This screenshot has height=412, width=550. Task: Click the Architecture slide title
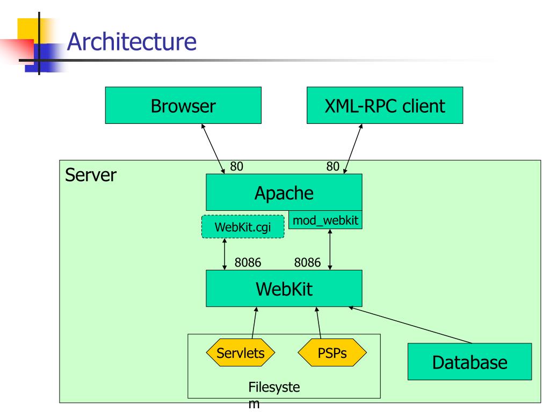point(132,42)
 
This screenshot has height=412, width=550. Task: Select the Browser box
point(183,105)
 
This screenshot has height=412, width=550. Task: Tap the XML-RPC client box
point(385,105)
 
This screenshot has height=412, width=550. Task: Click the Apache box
point(284,193)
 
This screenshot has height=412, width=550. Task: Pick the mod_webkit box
point(325,220)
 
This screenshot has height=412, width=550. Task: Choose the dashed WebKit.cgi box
point(243,227)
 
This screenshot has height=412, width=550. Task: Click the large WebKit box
point(284,288)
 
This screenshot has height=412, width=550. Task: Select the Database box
point(469,362)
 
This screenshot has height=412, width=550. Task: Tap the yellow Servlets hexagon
point(241,352)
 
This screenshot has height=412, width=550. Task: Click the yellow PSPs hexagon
point(332,352)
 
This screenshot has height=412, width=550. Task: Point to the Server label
point(91,175)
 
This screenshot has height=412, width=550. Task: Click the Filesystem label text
point(274,395)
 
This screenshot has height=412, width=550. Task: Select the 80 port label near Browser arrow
point(236,166)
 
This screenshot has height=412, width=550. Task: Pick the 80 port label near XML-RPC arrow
point(333,166)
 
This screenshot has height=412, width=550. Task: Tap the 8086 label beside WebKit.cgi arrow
point(248,262)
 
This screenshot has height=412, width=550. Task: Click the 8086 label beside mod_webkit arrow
point(308,262)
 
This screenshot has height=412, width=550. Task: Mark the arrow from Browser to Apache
point(213,149)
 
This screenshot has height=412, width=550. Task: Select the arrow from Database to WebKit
point(410,325)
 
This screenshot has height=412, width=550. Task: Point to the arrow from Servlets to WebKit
point(254,322)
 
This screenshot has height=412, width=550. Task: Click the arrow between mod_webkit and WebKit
point(330,249)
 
